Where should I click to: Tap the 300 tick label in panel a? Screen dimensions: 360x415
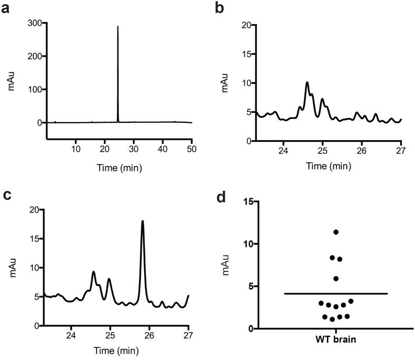point(35,24)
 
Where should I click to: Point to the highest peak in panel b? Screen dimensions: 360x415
point(307,82)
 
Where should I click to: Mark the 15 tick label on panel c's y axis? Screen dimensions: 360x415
point(35,239)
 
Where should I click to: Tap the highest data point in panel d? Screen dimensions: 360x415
point(335,232)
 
